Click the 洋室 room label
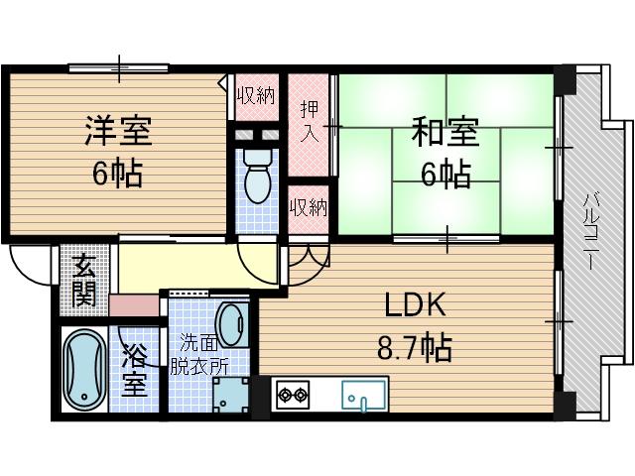118,131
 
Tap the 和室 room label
444,132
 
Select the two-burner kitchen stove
292,395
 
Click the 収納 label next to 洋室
255,96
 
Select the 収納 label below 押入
308,207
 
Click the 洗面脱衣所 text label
198,354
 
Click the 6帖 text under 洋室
118,174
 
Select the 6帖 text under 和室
444,174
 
